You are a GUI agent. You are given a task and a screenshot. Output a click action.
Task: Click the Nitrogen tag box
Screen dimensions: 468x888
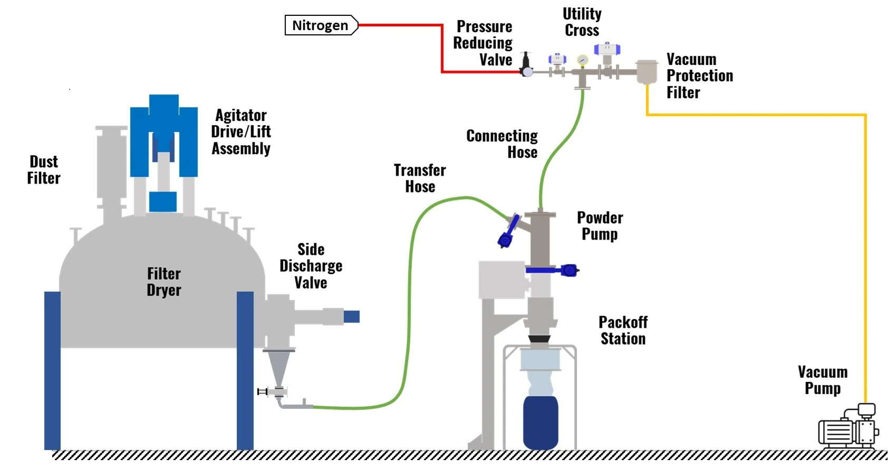[x=321, y=25]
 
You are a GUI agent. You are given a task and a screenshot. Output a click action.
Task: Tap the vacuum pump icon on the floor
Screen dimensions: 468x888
[x=848, y=428]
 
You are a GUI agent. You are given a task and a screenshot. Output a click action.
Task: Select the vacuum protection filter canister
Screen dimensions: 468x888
[x=646, y=72]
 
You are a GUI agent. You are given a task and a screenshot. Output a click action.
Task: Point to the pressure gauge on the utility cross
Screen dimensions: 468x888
[x=582, y=60]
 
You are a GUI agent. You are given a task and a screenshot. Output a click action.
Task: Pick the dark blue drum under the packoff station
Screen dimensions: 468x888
[x=540, y=422]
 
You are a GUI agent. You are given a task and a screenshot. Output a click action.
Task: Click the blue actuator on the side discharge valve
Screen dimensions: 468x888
[x=352, y=317]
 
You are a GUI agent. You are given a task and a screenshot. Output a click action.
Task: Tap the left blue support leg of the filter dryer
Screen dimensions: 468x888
[x=52, y=369]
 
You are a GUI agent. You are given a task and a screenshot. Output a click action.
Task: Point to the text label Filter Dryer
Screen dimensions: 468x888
[x=164, y=282]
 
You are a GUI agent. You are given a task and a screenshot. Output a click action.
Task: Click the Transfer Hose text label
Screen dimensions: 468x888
[x=420, y=178]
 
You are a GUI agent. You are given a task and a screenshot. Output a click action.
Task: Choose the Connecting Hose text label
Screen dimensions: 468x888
[x=502, y=144]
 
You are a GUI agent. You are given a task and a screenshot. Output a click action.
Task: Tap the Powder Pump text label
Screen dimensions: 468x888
[x=600, y=226]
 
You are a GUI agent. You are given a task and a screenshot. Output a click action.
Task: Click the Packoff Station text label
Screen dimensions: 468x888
[x=623, y=330]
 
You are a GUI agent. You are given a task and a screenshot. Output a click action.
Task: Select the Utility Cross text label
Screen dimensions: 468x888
[x=582, y=22]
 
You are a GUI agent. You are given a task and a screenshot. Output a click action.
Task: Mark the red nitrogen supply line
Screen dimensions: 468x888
[x=442, y=47]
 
